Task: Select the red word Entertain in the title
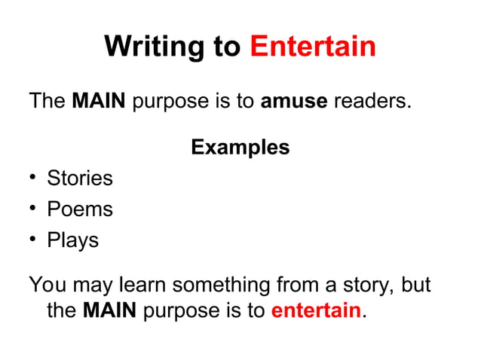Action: (x=312, y=47)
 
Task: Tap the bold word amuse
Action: (x=293, y=100)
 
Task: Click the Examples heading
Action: (x=240, y=147)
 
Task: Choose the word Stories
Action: (x=79, y=178)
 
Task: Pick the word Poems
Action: (x=79, y=209)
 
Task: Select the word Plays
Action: (x=72, y=240)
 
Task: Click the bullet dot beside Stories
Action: (x=33, y=178)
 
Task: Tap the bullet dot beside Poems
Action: (x=33, y=209)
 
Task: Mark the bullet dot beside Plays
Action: (x=33, y=240)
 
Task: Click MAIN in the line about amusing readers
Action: (x=98, y=100)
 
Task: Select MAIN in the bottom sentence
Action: (x=109, y=310)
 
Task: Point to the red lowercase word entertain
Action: (x=315, y=310)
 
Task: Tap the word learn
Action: (x=142, y=285)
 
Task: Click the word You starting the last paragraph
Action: (x=47, y=285)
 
